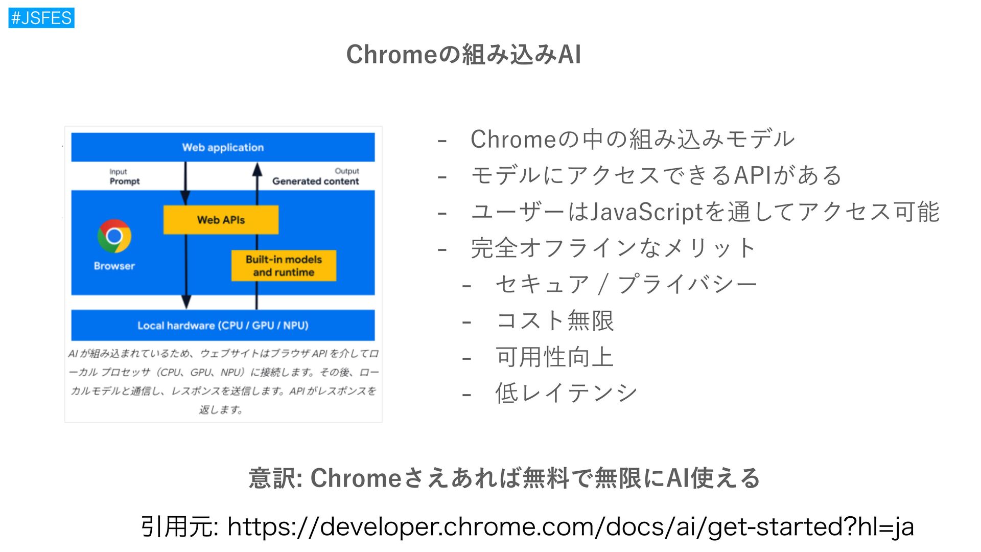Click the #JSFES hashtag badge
point(41,18)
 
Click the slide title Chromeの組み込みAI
point(463,54)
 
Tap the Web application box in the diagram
point(223,147)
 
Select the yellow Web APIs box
point(221,220)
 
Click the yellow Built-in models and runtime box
point(284,266)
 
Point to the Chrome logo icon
point(114,236)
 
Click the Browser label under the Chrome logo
point(114,266)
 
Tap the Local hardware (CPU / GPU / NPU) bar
point(223,325)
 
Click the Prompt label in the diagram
point(124,181)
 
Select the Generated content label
point(315,181)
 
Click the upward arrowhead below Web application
point(257,169)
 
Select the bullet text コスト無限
point(554,320)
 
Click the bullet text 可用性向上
point(554,357)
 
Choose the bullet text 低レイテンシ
point(566,393)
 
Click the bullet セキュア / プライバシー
point(625,284)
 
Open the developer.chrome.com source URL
point(570,526)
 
